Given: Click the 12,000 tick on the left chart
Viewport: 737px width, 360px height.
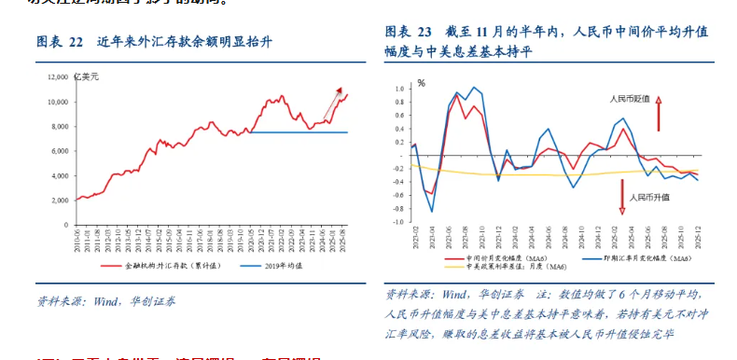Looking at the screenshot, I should pyautogui.click(x=56, y=76).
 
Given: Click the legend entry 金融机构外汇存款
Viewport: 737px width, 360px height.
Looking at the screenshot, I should pyautogui.click(x=167, y=266).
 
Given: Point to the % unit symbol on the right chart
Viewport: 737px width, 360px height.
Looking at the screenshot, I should pyautogui.click(x=421, y=83).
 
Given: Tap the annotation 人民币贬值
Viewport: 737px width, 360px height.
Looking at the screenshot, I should pyautogui.click(x=632, y=97).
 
